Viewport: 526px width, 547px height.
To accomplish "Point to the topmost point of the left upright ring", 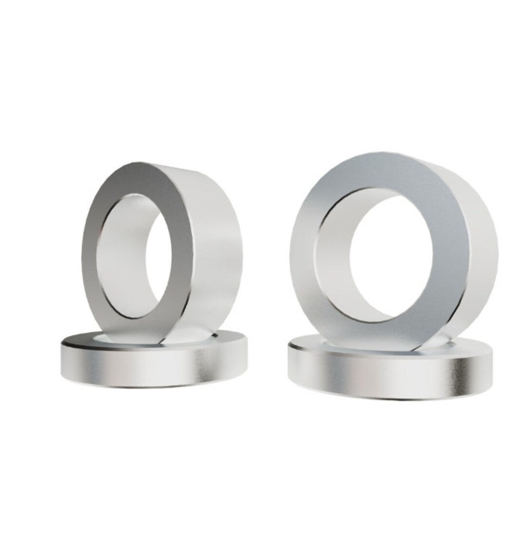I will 146,162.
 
